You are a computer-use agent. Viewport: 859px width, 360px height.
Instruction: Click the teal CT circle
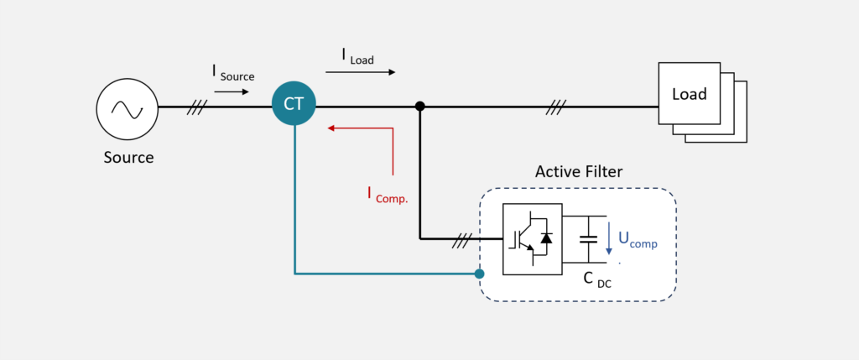[x=294, y=103]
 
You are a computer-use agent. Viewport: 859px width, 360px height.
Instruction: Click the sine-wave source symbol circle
[x=128, y=109]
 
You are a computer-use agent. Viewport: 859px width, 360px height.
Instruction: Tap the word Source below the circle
[x=128, y=158]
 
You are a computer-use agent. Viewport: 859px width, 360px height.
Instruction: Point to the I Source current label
[x=233, y=73]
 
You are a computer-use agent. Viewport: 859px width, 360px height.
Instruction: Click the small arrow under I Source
[x=232, y=92]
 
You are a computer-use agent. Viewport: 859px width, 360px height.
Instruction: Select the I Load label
[x=357, y=56]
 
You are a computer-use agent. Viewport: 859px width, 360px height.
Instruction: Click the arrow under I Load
[x=361, y=72]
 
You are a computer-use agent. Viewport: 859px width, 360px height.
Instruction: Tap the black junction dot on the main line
[x=419, y=107]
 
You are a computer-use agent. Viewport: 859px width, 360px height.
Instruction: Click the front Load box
[x=690, y=93]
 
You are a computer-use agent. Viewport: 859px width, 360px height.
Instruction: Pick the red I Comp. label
[x=388, y=195]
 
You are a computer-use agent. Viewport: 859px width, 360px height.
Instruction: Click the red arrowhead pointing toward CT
[x=331, y=128]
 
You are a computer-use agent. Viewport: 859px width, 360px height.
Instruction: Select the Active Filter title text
[x=579, y=172]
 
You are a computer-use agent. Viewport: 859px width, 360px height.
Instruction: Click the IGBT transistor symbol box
[x=533, y=239]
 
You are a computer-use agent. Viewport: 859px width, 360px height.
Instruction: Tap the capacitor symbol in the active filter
[x=589, y=239]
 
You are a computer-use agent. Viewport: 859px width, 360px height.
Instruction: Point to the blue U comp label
[x=638, y=239]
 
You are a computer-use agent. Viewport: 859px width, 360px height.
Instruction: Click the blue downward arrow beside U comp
[x=609, y=238]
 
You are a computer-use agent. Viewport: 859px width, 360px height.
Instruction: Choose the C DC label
[x=597, y=280]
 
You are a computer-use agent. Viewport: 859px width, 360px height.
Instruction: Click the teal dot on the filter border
[x=479, y=274]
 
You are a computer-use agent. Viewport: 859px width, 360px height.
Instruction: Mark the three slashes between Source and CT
[x=196, y=107]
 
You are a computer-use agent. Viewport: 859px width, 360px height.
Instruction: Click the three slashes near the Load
[x=556, y=107]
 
